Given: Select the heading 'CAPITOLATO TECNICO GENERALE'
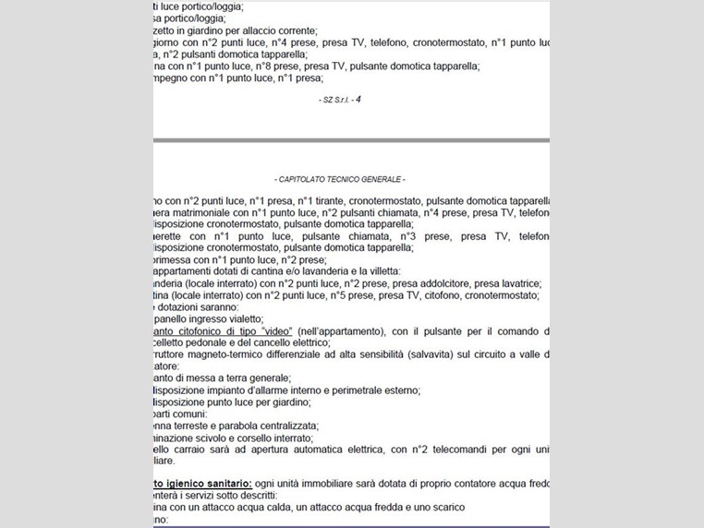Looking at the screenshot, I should (340, 178).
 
